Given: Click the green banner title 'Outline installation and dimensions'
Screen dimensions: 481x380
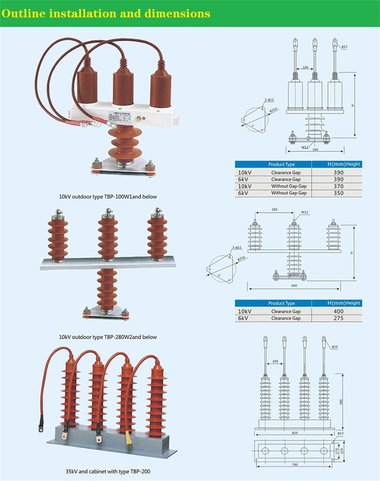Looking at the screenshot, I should pyautogui.click(x=106, y=14).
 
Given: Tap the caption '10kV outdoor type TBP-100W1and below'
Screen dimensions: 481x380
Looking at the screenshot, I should pyautogui.click(x=108, y=197).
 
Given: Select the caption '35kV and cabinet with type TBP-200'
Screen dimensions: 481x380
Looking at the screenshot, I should pyautogui.click(x=108, y=472).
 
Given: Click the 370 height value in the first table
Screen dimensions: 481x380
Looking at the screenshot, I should pyautogui.click(x=338, y=186).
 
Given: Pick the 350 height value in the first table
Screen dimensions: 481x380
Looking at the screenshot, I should pyautogui.click(x=338, y=193).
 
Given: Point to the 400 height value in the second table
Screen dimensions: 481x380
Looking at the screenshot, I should pyautogui.click(x=338, y=311).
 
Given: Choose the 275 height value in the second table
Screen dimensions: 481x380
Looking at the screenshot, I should pyautogui.click(x=338, y=318).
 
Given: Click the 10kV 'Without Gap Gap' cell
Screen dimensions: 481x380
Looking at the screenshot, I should pyautogui.click(x=289, y=186).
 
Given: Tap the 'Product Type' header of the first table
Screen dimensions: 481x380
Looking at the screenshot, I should pyautogui.click(x=281, y=164).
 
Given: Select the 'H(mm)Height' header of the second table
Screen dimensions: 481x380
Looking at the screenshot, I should pyautogui.click(x=344, y=303).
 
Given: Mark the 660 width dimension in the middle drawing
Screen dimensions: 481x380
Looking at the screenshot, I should pyautogui.click(x=294, y=286).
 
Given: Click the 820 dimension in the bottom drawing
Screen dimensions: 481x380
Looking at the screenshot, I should pyautogui.click(x=295, y=433).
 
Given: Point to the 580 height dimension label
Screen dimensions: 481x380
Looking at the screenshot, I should pyautogui.click(x=341, y=402).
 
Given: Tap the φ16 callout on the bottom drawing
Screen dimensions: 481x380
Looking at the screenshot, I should pyautogui.click(x=335, y=347).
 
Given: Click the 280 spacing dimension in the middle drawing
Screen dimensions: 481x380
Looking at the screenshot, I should pyautogui.click(x=274, y=210).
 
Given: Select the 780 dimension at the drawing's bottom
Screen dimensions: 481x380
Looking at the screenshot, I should pyautogui.click(x=295, y=464).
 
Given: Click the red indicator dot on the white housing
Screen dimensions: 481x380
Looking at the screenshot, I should pyautogui.click(x=144, y=118).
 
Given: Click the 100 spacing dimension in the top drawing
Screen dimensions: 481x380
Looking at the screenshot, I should pyautogui.click(x=305, y=68).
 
